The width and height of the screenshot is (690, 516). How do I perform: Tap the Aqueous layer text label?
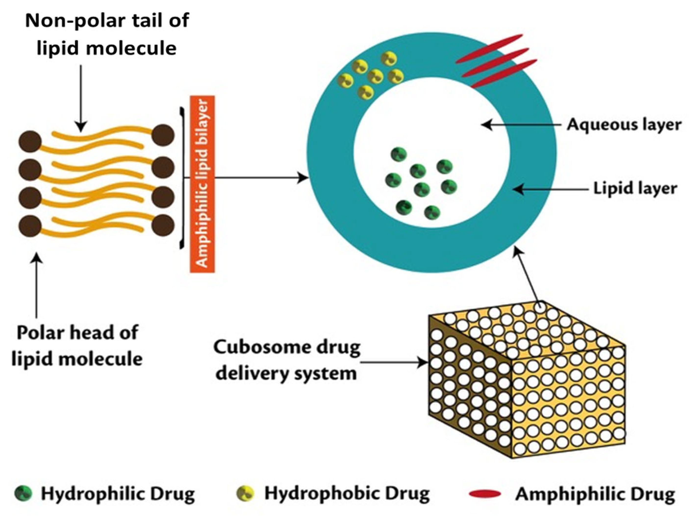click(x=624, y=125)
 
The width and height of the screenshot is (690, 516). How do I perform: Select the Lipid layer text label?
click(x=635, y=189)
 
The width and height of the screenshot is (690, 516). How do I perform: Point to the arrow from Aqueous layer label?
click(x=524, y=125)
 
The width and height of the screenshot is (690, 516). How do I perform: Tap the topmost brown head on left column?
click(x=30, y=142)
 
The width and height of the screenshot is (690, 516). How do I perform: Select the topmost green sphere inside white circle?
click(x=399, y=154)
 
